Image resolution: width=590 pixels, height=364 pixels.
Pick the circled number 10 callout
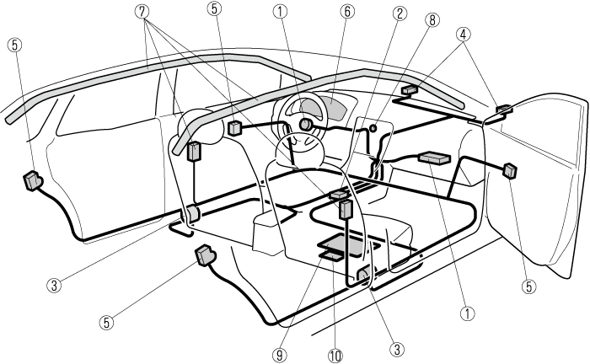coord(335,355)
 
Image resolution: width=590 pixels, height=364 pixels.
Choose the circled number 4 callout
coord(463,35)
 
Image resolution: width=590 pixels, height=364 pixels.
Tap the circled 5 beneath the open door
coord(529,286)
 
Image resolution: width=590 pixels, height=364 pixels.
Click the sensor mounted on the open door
coord(510,170)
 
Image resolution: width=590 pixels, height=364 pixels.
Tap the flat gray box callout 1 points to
coord(435,158)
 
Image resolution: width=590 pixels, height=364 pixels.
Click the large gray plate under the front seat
coord(346,247)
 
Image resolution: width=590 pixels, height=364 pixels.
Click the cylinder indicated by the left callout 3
coord(190,214)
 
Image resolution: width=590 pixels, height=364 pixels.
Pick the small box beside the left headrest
coord(194,151)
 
